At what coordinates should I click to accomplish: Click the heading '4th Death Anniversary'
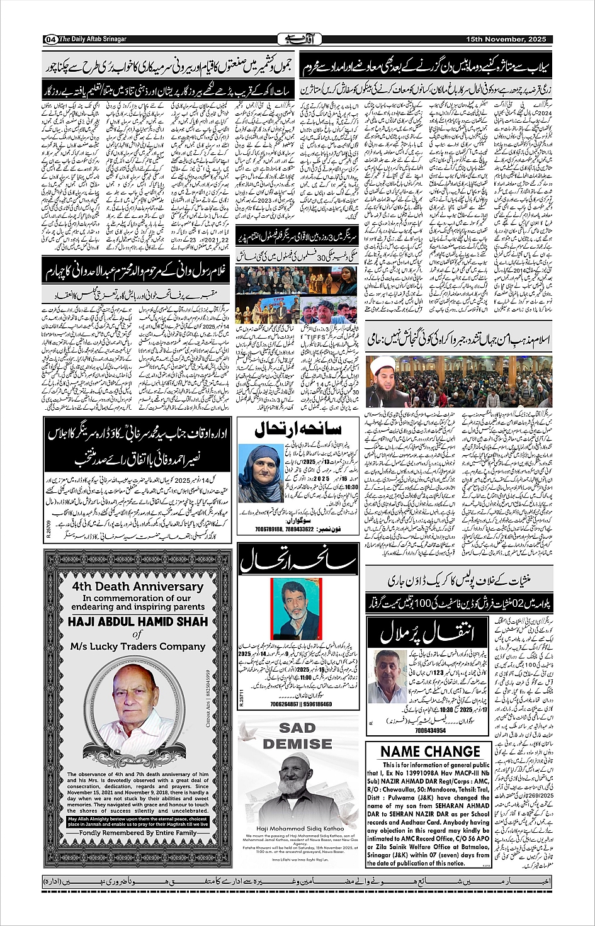point(137,586)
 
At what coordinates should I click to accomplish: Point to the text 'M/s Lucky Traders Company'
point(138,646)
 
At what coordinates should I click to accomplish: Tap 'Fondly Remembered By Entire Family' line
point(138,832)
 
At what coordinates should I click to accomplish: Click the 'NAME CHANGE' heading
point(430,752)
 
